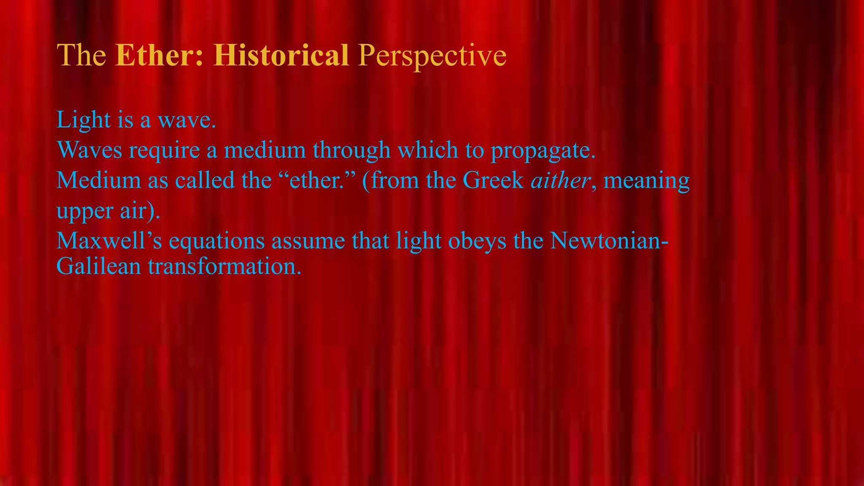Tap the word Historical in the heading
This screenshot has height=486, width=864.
click(281, 55)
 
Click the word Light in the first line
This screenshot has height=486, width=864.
click(83, 120)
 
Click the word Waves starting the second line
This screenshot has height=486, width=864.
click(89, 150)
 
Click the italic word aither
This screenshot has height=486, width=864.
click(560, 180)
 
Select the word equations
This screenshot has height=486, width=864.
click(216, 242)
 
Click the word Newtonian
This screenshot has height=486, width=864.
click(606, 241)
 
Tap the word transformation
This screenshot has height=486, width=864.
click(224, 267)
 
